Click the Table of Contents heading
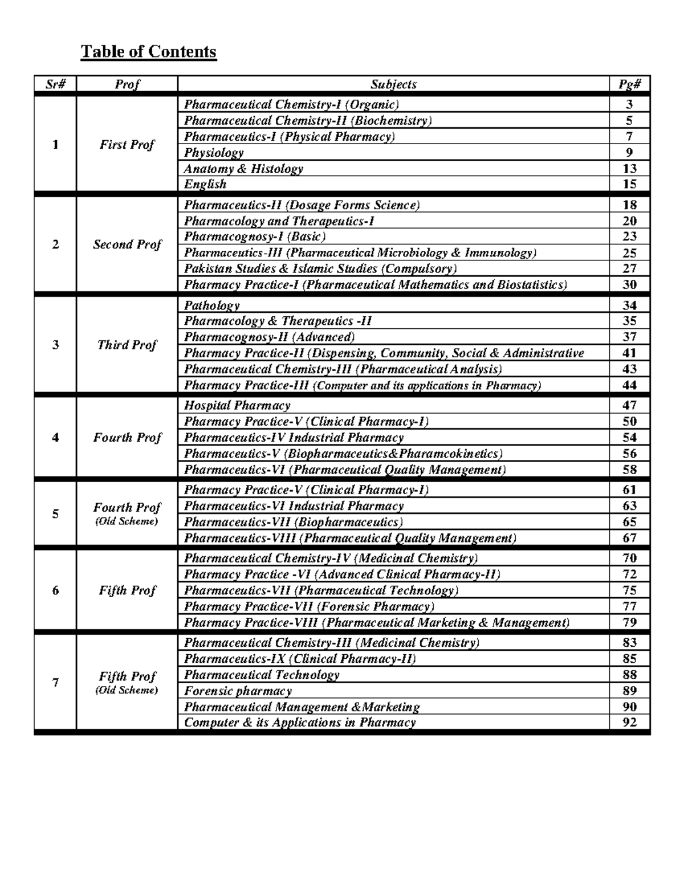pyautogui.click(x=148, y=52)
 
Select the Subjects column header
pyautogui.click(x=393, y=84)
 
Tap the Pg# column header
pyautogui.click(x=629, y=84)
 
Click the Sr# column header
pyautogui.click(x=55, y=84)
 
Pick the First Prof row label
pyautogui.click(x=127, y=145)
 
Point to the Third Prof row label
pyautogui.click(x=127, y=345)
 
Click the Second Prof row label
pyautogui.click(x=127, y=244)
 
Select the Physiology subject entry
pyautogui.click(x=214, y=153)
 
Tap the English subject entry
pyautogui.click(x=205, y=184)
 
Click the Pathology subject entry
pyautogui.click(x=211, y=305)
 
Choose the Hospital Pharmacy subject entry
pyautogui.click(x=237, y=405)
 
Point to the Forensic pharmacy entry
pyautogui.click(x=238, y=691)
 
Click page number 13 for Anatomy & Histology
pyautogui.click(x=629, y=169)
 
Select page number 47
pyautogui.click(x=629, y=405)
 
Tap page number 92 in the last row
pyautogui.click(x=629, y=723)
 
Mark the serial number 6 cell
pyautogui.click(x=55, y=590)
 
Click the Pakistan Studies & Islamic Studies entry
pyautogui.click(x=320, y=268)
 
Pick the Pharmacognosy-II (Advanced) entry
pyautogui.click(x=270, y=337)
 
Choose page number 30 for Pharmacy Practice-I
pyautogui.click(x=629, y=284)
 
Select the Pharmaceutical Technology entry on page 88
pyautogui.click(x=262, y=675)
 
